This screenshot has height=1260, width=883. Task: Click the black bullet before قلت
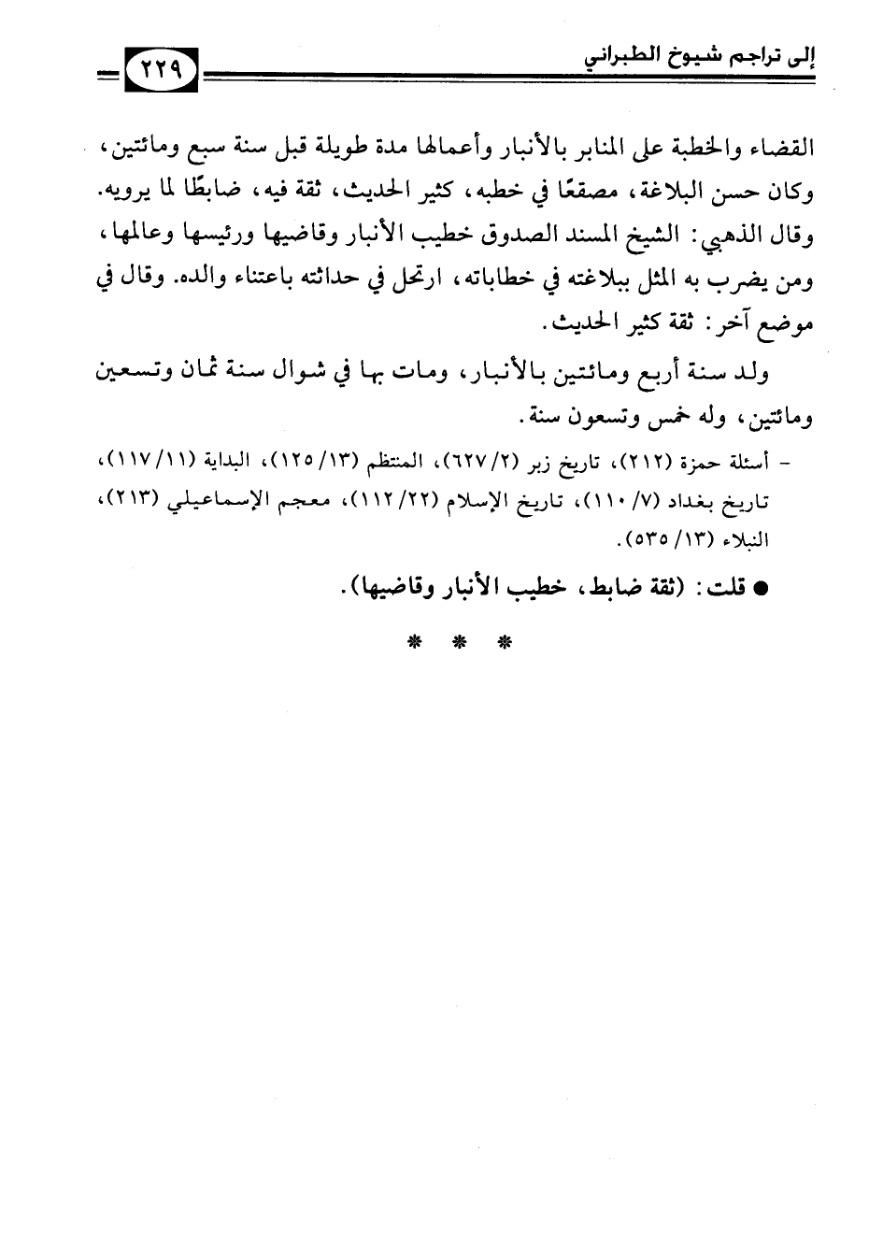(761, 591)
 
